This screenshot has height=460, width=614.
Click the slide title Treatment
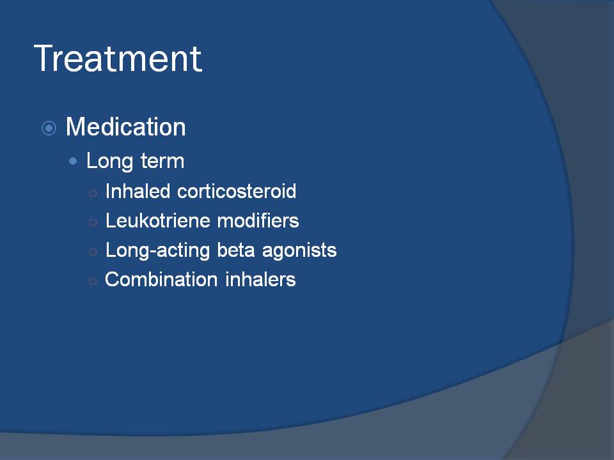118,58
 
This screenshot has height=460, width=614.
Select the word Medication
126,126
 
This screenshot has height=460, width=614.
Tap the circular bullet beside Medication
49,128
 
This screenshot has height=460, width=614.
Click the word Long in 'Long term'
109,161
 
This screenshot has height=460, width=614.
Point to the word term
162,162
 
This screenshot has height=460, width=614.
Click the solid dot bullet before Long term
73,161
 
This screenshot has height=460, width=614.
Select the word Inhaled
138,191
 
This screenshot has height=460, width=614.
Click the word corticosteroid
237,191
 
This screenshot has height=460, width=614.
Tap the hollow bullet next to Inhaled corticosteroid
93,193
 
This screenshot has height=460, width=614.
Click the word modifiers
258,220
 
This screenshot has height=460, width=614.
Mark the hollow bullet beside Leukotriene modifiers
93,222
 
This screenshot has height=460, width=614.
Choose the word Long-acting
158,250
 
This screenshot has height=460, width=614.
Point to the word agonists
299,251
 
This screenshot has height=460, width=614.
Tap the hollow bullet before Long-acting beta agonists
93,252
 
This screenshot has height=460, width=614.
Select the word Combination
161,279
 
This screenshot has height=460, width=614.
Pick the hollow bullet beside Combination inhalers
93,281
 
